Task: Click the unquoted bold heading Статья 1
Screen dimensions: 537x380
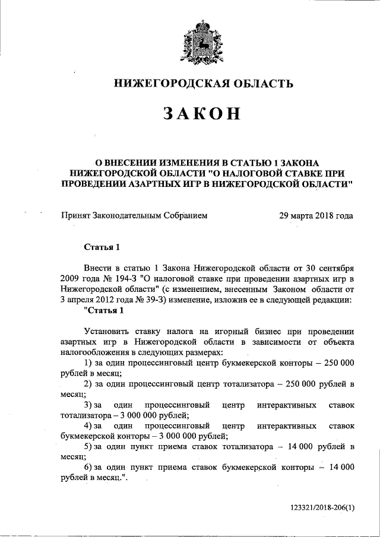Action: tap(102, 247)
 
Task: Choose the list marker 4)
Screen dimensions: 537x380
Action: tap(88, 426)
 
